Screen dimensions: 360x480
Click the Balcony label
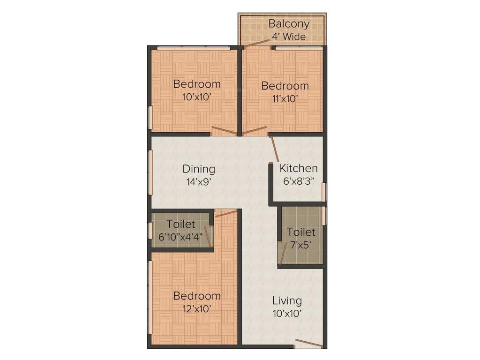(289, 24)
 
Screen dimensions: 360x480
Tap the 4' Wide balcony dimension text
(289, 37)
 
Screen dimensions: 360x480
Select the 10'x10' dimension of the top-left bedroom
(196, 97)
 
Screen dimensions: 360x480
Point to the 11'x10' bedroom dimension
(285, 99)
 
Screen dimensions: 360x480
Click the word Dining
(199, 169)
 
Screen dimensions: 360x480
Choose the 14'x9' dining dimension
(199, 182)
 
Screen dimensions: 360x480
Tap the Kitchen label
(299, 168)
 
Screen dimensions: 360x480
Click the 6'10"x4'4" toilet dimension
(180, 237)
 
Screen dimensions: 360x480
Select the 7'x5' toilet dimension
(301, 244)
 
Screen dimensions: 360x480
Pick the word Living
(287, 300)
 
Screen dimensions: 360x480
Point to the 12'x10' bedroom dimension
(196, 308)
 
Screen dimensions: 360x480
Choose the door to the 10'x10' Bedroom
(224, 130)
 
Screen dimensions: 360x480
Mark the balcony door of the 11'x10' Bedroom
(256, 43)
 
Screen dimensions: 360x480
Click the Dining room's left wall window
(150, 171)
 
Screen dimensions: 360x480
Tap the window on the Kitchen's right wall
(324, 192)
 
